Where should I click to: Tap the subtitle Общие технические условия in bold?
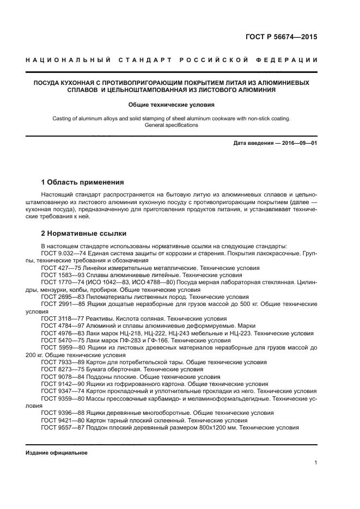point(172,104)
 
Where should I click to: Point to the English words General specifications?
point(172,125)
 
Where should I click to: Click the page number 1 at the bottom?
point(315,463)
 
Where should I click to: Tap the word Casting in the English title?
point(63,118)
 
